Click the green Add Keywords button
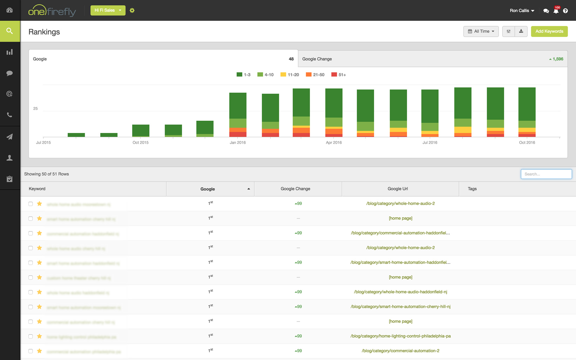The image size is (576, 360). [549, 32]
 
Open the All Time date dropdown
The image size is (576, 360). [481, 32]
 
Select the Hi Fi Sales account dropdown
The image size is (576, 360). [108, 11]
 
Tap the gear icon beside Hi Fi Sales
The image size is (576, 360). [132, 11]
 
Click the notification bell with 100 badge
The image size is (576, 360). [556, 11]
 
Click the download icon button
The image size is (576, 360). [521, 32]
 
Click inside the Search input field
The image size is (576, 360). [546, 174]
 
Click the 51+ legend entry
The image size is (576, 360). [339, 75]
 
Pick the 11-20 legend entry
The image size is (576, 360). [290, 75]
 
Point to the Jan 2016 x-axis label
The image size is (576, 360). [238, 142]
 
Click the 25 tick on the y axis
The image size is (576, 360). [35, 108]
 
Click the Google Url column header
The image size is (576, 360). [398, 189]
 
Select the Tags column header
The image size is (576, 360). [472, 189]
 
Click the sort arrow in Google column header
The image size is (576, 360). [249, 189]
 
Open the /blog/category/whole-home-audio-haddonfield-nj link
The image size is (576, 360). [400, 292]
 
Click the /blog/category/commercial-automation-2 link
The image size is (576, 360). [400, 351]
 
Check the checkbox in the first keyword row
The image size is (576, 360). [31, 204]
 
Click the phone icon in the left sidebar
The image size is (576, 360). [10, 115]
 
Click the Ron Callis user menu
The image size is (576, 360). [522, 11]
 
